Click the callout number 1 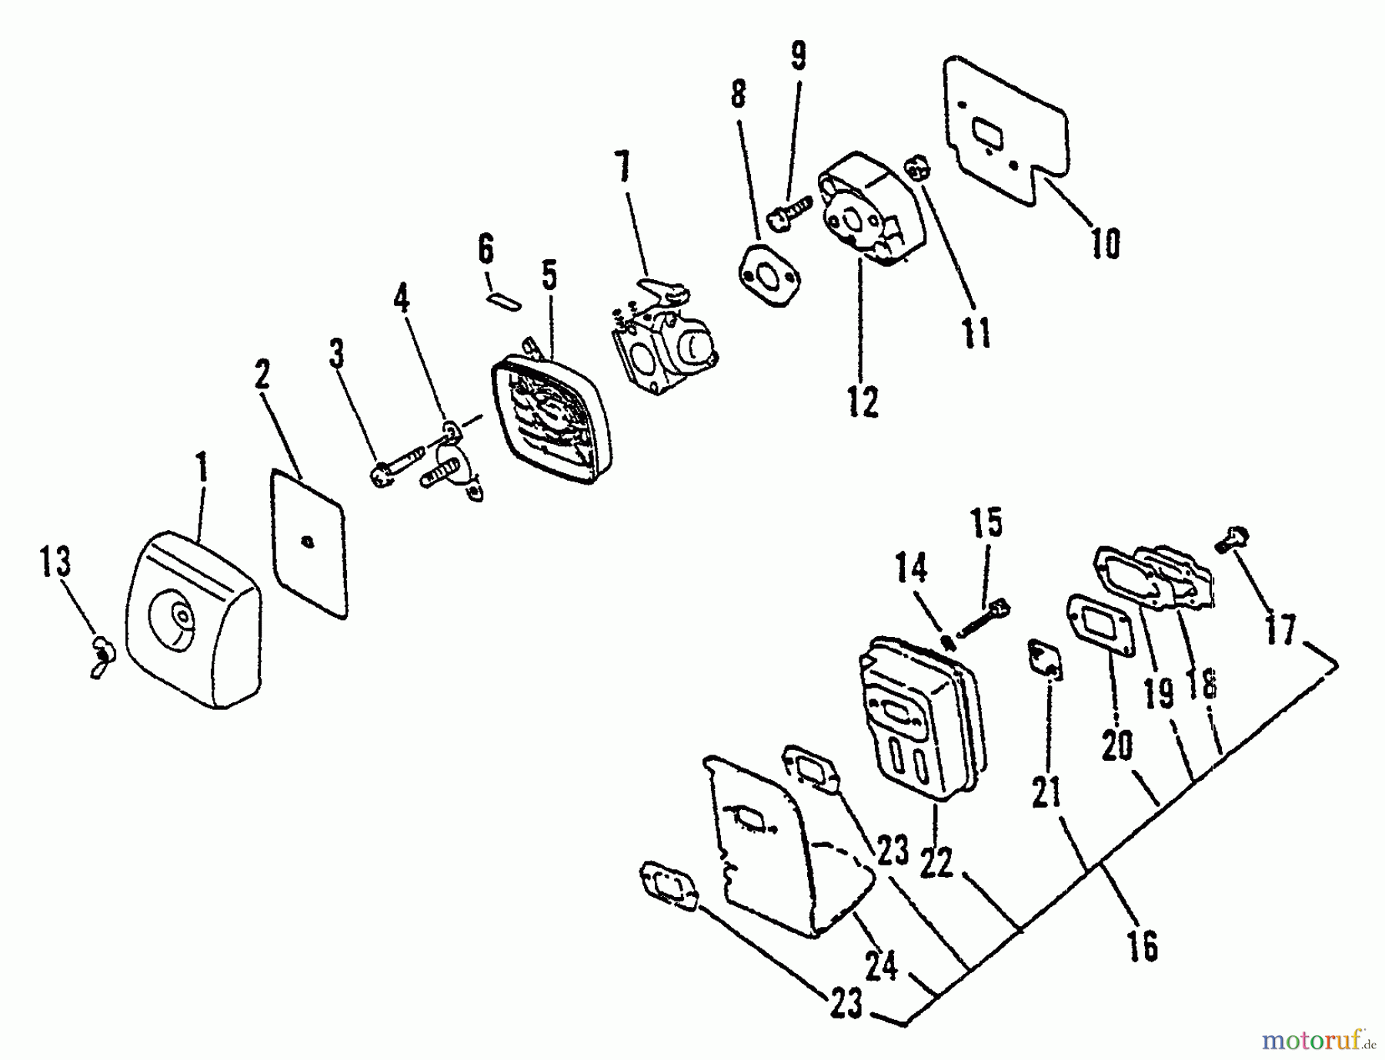[202, 468]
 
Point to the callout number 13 [55, 561]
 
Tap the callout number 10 [1105, 244]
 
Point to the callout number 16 [1143, 945]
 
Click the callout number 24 [880, 966]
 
